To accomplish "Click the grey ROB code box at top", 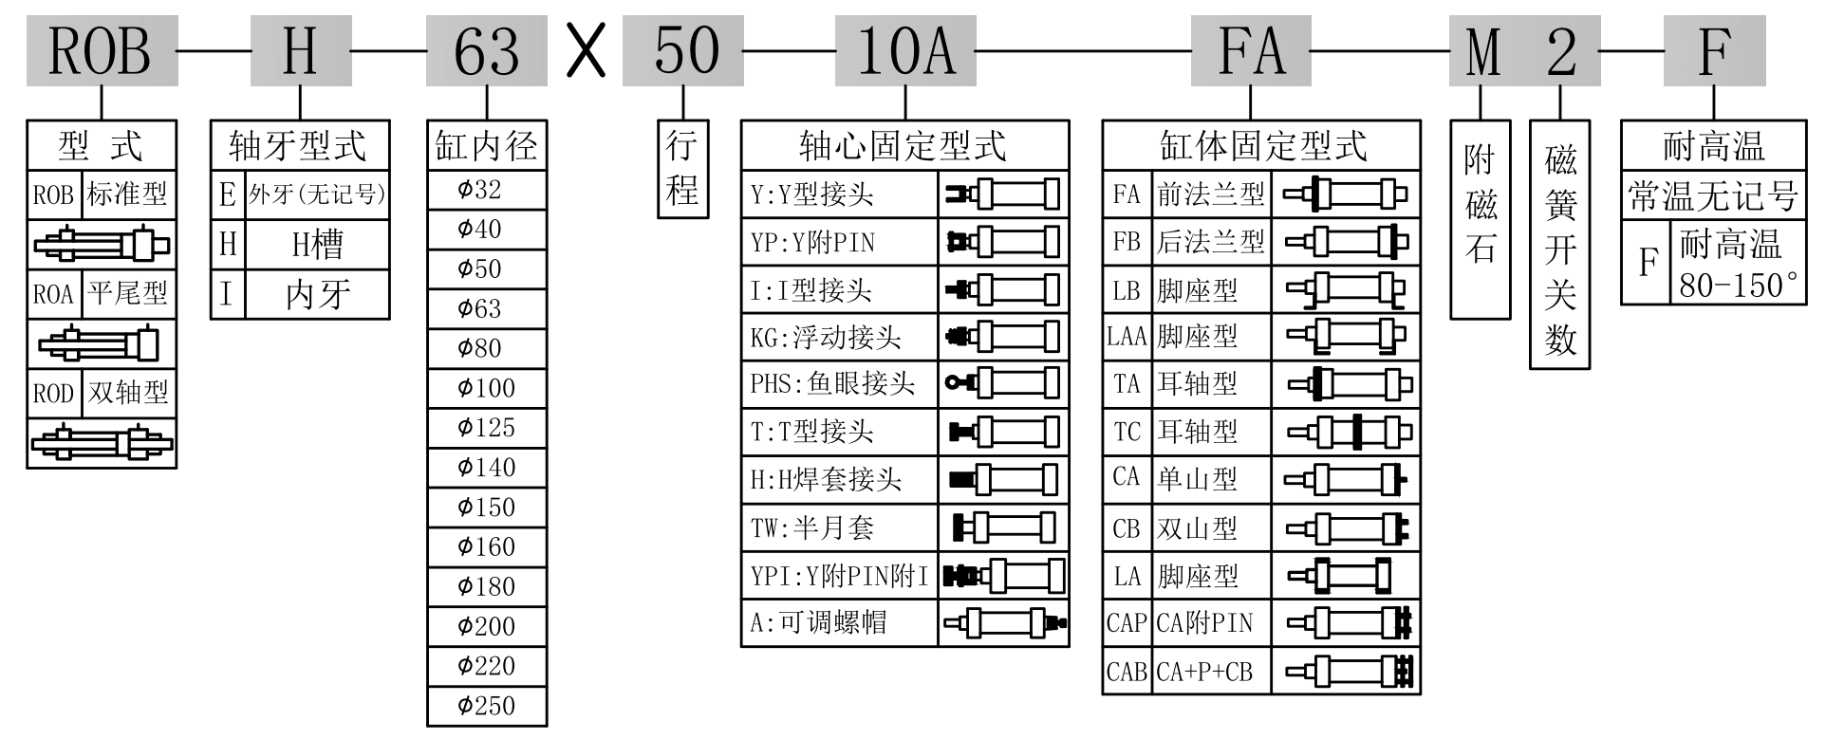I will [101, 51].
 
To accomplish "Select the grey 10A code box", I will [904, 51].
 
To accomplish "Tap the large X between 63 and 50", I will [586, 51].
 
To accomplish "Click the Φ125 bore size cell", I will [487, 428].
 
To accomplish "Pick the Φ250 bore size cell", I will [487, 706].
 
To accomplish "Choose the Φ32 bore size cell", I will [487, 190].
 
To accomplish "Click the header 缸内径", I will [487, 146].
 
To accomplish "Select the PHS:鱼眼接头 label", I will [832, 383].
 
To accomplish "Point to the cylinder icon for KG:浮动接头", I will [1002, 336].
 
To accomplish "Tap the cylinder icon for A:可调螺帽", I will [1004, 622].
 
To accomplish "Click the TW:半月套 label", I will [812, 527].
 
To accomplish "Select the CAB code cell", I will [1127, 672].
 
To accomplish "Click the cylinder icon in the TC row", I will [1348, 432].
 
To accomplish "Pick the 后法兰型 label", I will [1210, 242].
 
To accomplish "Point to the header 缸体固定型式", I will [1261, 146].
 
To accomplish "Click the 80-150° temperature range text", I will [1738, 285].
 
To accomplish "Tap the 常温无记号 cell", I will [1713, 196].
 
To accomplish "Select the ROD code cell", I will [53, 393].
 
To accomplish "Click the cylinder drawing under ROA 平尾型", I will [101, 342].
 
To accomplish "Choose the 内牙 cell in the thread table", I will [318, 294].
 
